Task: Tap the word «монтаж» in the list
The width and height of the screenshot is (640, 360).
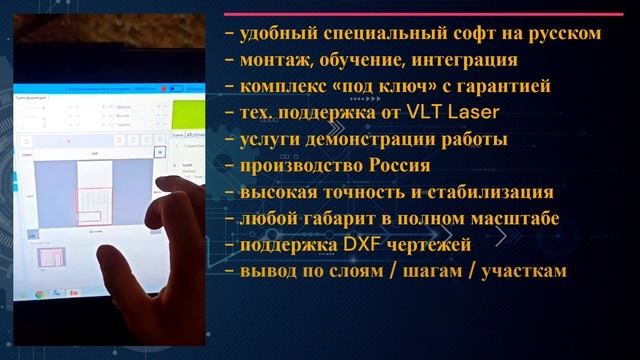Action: (272, 60)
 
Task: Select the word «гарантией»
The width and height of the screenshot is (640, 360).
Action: (501, 86)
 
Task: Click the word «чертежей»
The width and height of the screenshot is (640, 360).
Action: (425, 244)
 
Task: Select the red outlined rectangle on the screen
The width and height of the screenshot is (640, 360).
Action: (96, 204)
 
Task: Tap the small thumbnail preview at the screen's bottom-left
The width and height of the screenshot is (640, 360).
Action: (47, 257)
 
